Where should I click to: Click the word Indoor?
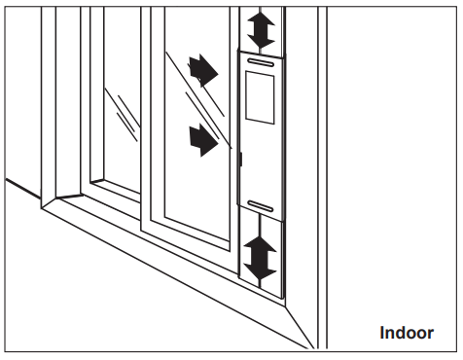click(x=406, y=333)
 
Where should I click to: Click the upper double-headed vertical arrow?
click(x=261, y=28)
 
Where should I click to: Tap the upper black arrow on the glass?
click(x=202, y=70)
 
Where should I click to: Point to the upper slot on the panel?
click(x=261, y=61)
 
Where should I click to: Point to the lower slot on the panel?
click(x=261, y=204)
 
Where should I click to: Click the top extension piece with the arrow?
click(x=261, y=28)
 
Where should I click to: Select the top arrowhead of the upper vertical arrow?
click(x=261, y=15)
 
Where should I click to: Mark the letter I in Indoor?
click(x=382, y=333)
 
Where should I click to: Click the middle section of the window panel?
click(x=261, y=156)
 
